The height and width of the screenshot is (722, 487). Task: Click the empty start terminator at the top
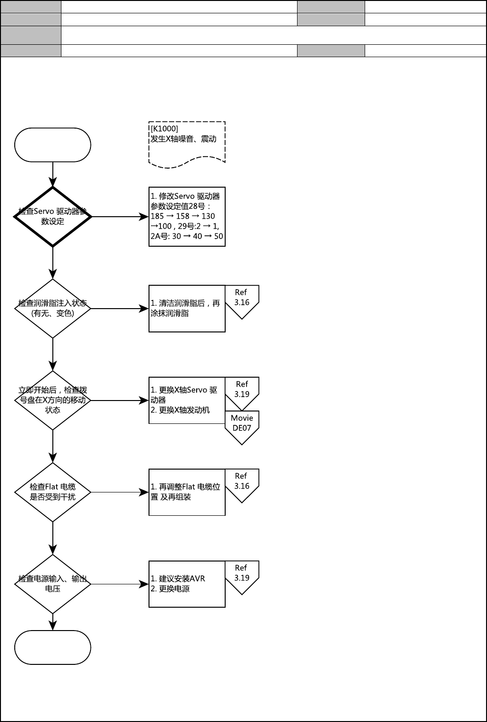pyautogui.click(x=52, y=145)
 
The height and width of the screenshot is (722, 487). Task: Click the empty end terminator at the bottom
pyautogui.click(x=52, y=648)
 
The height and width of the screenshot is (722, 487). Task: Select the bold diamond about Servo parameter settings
pyautogui.click(x=52, y=217)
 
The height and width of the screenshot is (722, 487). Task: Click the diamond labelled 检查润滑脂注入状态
pyautogui.click(x=52, y=309)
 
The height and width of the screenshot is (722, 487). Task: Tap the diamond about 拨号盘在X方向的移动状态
pyautogui.click(x=52, y=401)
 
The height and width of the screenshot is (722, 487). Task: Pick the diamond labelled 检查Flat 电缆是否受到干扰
pyautogui.click(x=52, y=492)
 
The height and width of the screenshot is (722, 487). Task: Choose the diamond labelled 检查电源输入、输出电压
pyautogui.click(x=52, y=584)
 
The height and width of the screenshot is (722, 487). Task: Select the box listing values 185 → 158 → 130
pyautogui.click(x=187, y=217)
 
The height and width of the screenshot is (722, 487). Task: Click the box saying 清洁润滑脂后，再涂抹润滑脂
pyautogui.click(x=187, y=309)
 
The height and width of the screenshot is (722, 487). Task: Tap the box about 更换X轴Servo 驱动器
pyautogui.click(x=187, y=401)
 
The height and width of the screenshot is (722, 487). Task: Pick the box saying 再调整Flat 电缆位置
pyautogui.click(x=187, y=492)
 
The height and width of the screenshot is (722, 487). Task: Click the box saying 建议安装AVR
pyautogui.click(x=187, y=584)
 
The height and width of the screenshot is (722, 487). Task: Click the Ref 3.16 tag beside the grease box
pyautogui.click(x=242, y=299)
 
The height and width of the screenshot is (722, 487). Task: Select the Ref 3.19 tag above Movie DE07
pyautogui.click(x=242, y=391)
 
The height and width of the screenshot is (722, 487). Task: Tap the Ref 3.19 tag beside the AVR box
pyautogui.click(x=242, y=574)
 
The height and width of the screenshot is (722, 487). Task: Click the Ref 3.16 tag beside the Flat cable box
pyautogui.click(x=242, y=482)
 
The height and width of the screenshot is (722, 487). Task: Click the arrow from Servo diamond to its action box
pyautogui.click(x=119, y=217)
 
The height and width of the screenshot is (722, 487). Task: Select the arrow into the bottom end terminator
pyautogui.click(x=52, y=622)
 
